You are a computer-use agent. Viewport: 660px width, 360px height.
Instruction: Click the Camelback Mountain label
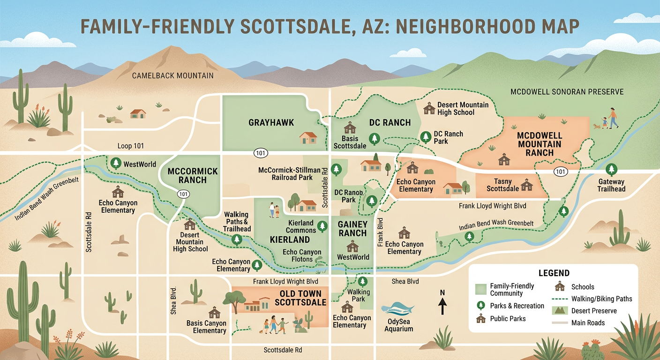click(x=172, y=75)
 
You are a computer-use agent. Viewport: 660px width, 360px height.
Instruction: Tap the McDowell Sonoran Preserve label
click(x=567, y=92)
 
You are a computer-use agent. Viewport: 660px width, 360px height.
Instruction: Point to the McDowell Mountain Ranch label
click(x=539, y=144)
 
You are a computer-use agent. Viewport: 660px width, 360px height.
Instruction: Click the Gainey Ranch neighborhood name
click(x=352, y=229)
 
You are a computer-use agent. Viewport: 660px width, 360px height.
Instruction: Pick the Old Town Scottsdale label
click(x=300, y=298)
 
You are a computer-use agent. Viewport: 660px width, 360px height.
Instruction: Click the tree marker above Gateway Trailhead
click(x=611, y=170)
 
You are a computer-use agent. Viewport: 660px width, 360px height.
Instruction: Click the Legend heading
click(x=554, y=273)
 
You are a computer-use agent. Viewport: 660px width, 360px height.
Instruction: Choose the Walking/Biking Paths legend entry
click(x=601, y=299)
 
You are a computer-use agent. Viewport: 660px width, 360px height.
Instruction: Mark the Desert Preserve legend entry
click(x=594, y=311)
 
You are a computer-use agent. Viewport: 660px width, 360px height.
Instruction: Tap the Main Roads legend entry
click(x=588, y=322)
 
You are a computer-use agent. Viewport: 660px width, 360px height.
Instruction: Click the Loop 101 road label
click(x=131, y=146)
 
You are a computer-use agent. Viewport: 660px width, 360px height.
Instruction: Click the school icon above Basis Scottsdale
click(x=350, y=127)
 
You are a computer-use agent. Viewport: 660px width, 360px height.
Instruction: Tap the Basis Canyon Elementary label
click(x=206, y=327)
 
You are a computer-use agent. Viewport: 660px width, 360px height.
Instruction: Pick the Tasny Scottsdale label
click(x=502, y=185)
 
